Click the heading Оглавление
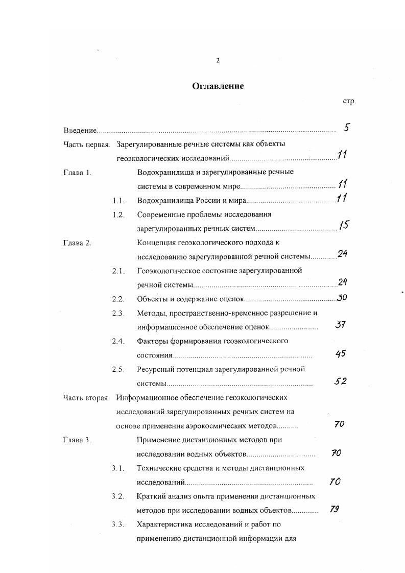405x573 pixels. pyautogui.click(x=218, y=86)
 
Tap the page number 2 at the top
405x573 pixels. pyautogui.click(x=218, y=60)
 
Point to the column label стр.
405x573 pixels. pyautogui.click(x=349, y=101)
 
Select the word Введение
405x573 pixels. pyautogui.click(x=80, y=131)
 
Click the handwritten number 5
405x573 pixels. pyautogui.click(x=346, y=128)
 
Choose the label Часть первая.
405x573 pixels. pyautogui.click(x=87, y=145)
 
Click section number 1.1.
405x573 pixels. pyautogui.click(x=118, y=201)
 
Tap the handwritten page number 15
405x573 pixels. pyautogui.click(x=344, y=225)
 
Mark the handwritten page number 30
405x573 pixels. pyautogui.click(x=342, y=297)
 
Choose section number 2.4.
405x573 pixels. pyautogui.click(x=118, y=341)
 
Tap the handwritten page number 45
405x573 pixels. pyautogui.click(x=341, y=353)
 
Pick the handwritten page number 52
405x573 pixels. pyautogui.click(x=340, y=381)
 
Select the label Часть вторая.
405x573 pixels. pyautogui.click(x=87, y=397)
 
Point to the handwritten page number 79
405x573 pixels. pyautogui.click(x=335, y=509)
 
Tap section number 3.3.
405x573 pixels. pyautogui.click(x=118, y=524)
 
